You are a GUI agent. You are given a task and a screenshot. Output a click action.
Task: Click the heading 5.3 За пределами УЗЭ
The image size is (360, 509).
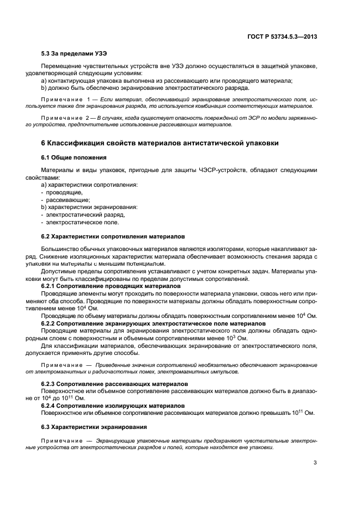point(66,53)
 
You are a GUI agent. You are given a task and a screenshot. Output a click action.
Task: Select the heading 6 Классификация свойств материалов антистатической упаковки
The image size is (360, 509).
point(160,143)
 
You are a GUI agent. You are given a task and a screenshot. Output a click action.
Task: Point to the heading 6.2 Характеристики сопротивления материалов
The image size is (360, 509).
point(113,237)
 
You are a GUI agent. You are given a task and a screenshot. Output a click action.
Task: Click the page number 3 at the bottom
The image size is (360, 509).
point(315,463)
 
